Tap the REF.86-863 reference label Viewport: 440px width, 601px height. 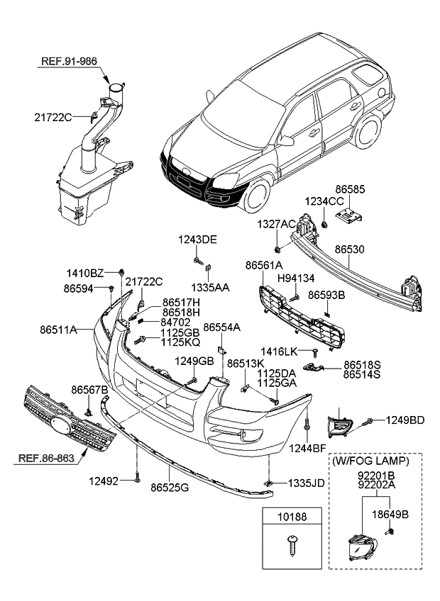tap(45, 459)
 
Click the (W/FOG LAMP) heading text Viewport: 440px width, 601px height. tap(370, 461)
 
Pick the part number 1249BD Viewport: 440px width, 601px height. tap(405, 420)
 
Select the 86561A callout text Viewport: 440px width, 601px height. tap(263, 264)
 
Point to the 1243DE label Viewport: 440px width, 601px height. tap(199, 240)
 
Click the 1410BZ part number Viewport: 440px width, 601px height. tap(85, 273)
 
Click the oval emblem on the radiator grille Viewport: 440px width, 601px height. tap(63, 427)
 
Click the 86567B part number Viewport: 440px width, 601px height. tap(89, 390)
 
